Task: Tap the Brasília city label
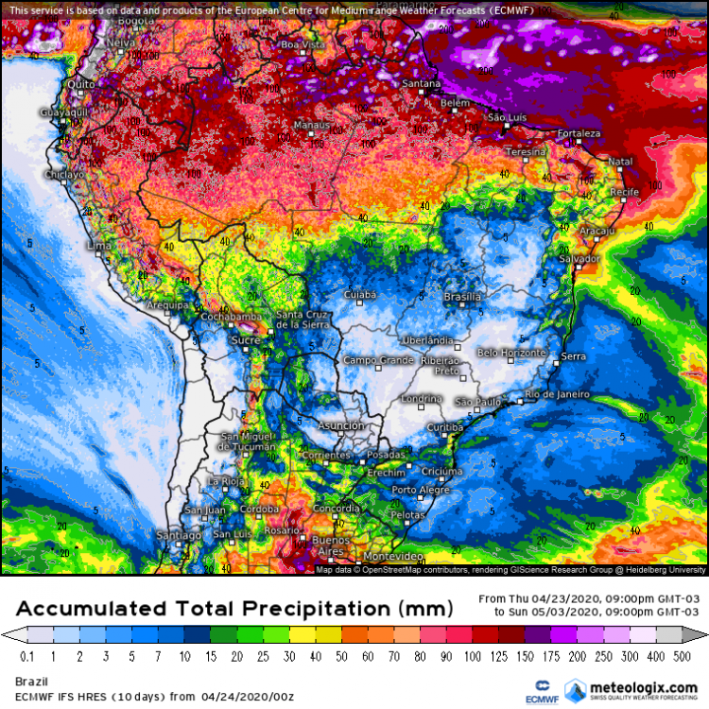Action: tap(462, 297)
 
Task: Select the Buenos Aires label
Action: tap(330, 545)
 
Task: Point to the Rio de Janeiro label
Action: tap(558, 394)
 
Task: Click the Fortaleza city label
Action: tap(579, 133)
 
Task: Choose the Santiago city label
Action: tap(181, 535)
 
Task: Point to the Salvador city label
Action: tap(579, 258)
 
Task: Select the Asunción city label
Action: tap(340, 425)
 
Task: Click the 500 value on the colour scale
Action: tap(680, 656)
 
